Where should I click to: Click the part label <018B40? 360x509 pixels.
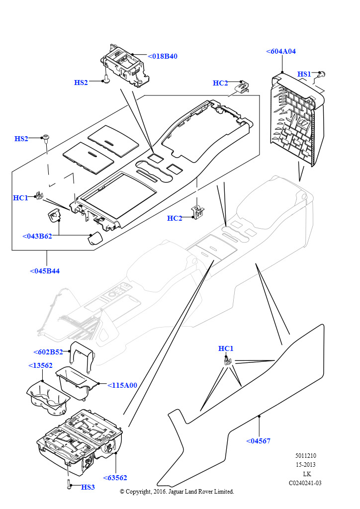(163, 56)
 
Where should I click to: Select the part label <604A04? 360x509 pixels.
(281, 51)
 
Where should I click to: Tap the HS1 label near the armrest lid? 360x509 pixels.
(304, 74)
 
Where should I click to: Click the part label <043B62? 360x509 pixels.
(37, 236)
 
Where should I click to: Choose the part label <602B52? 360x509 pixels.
(48, 352)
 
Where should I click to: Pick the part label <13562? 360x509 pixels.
(40, 365)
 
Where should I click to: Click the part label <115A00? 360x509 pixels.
(122, 385)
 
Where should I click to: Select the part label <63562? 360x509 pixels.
(115, 478)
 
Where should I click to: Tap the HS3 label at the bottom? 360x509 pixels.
(88, 487)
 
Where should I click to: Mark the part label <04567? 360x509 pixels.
(259, 441)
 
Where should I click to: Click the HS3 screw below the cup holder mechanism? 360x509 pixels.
(68, 484)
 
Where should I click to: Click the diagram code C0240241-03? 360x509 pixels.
(305, 483)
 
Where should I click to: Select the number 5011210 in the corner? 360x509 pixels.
(305, 456)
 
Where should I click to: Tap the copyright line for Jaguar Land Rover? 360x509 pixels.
(177, 492)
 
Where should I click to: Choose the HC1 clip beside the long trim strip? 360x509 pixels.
(227, 360)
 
